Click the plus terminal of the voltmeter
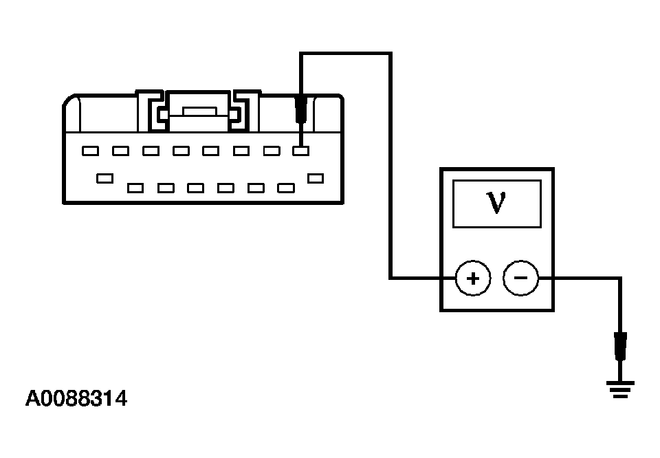473,279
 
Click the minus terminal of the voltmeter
520,279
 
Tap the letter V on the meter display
496,202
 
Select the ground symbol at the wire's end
620,389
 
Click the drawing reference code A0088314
76,398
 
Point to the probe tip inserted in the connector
300,110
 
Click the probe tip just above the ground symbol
620,347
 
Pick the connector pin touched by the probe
301,151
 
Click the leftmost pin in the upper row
91,151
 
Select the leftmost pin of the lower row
104,179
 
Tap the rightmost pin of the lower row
316,179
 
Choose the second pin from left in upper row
121,151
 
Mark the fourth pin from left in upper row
181,151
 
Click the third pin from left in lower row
166,188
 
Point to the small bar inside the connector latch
199,111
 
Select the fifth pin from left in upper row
210,151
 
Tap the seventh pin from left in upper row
272,151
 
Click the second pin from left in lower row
135,188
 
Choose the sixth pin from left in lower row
256,188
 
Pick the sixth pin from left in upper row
241,151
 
